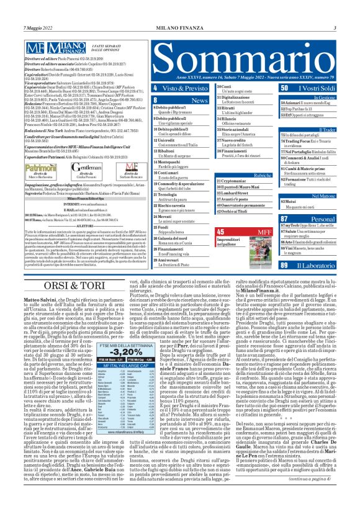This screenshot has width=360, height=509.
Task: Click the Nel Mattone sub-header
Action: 323,196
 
